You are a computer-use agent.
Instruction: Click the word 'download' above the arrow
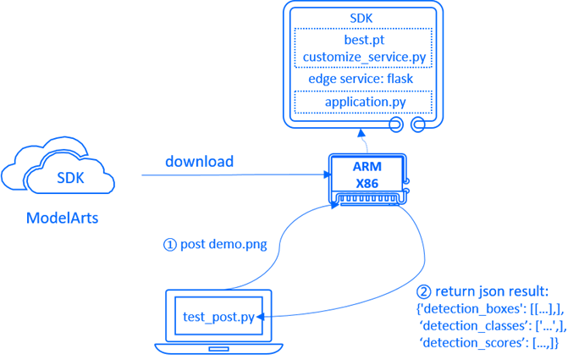[x=199, y=161]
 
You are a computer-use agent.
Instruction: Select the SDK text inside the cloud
[x=69, y=178]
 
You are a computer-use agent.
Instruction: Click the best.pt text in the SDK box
[x=364, y=40]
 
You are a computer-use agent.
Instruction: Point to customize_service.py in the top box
[x=364, y=57]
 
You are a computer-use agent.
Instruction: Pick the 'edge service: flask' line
[x=364, y=79]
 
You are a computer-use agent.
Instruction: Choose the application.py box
[x=364, y=102]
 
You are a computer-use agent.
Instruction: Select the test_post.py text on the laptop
[x=218, y=318]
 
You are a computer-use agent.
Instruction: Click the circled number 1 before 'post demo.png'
[x=169, y=245]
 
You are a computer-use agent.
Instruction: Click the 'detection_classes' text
[x=468, y=326]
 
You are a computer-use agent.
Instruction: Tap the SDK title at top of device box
[x=364, y=19]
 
